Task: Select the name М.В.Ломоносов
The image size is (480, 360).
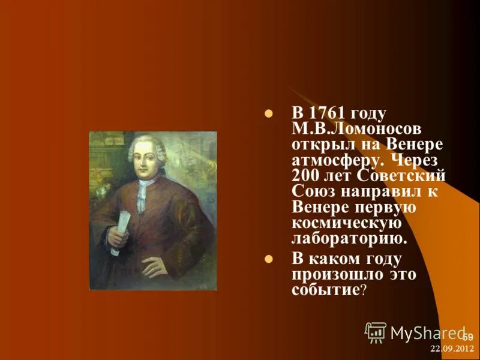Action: [x=347, y=130]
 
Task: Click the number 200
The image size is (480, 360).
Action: [x=308, y=176]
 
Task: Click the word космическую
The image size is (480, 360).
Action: [x=346, y=223]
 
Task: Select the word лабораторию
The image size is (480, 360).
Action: [x=349, y=239]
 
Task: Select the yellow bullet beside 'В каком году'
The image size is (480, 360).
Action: [x=269, y=259]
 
